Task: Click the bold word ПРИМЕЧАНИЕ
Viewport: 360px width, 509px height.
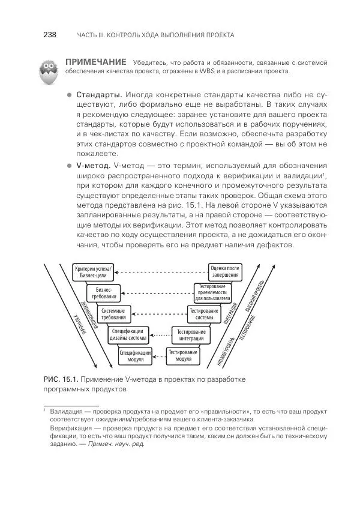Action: (x=95, y=62)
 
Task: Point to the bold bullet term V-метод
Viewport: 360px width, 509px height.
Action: (x=95, y=165)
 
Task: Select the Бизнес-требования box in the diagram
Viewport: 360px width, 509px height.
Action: (x=104, y=293)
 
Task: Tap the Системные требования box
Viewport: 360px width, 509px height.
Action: (x=113, y=314)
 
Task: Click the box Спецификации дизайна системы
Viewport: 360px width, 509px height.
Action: (x=127, y=335)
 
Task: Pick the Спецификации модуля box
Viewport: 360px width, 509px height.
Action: (x=135, y=356)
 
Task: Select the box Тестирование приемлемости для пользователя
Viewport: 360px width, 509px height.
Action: (x=212, y=292)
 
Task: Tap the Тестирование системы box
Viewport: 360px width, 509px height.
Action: (x=204, y=314)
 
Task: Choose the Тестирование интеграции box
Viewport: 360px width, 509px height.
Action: (x=191, y=335)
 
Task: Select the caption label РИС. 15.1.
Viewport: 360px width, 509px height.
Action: (x=60, y=379)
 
